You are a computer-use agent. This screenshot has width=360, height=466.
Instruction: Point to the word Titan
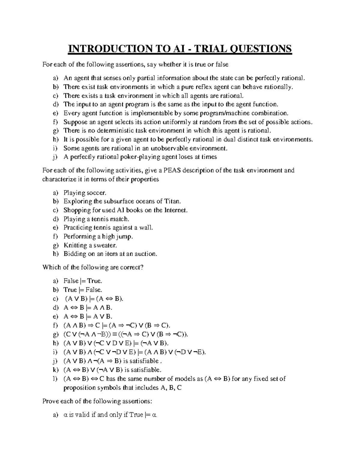(173, 201)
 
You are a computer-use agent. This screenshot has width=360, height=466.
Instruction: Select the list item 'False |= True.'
(83, 281)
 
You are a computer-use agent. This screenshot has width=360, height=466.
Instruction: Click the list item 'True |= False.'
(83, 290)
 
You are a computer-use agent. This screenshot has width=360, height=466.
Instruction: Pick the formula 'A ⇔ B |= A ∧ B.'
(88, 308)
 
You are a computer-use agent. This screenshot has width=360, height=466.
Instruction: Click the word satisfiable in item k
(142, 370)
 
